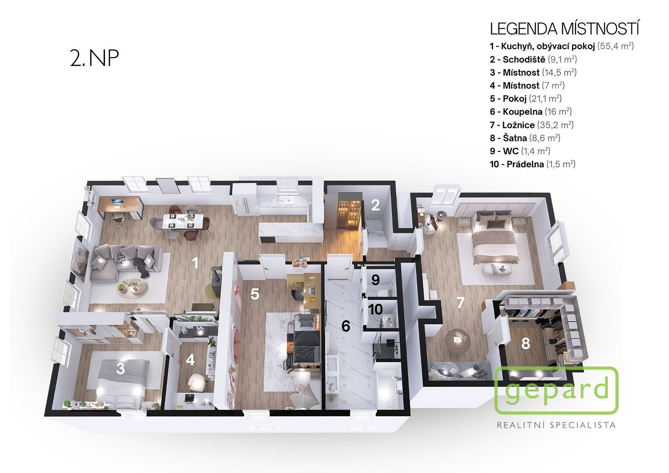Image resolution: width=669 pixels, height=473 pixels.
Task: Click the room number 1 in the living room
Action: coord(195,263)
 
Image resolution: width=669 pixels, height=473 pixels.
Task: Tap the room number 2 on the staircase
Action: coord(375,205)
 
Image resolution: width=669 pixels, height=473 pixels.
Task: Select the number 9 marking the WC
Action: coord(375,280)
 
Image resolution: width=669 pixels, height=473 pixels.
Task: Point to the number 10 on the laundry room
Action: coord(375,309)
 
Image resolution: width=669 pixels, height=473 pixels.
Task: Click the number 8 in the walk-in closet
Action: coord(526,343)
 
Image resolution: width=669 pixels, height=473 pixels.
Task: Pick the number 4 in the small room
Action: coord(190,360)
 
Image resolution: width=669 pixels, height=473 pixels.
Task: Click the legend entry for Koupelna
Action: coord(531,112)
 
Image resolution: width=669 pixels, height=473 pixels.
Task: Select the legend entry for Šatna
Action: coord(525,138)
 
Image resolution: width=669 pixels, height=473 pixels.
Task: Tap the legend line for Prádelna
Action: coord(532,164)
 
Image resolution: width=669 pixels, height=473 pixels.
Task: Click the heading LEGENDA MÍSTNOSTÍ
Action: coord(565,29)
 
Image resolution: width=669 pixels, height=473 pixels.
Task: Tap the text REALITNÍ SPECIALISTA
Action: coord(556,425)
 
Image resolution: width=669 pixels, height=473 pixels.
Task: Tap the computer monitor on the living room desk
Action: coord(116,201)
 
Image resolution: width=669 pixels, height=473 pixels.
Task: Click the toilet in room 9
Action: coord(382,290)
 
